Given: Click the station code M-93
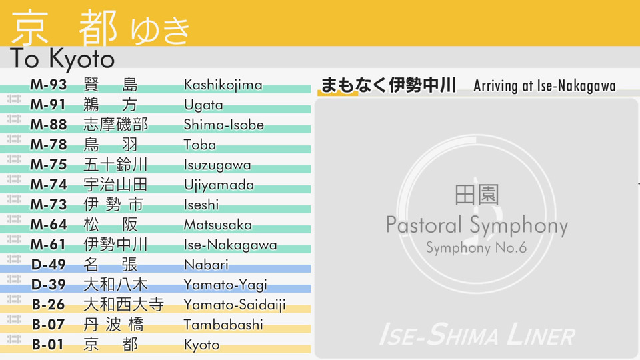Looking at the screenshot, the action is pyautogui.click(x=48, y=85).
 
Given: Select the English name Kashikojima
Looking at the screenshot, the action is pyautogui.click(x=223, y=85).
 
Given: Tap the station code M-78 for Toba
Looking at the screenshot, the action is pyautogui.click(x=48, y=145).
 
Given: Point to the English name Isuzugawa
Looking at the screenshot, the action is pyautogui.click(x=217, y=165).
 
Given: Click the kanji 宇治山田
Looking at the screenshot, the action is pyautogui.click(x=115, y=185).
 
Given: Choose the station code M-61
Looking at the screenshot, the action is pyautogui.click(x=48, y=245).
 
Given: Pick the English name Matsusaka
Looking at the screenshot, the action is pyautogui.click(x=218, y=225).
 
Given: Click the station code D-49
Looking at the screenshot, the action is pyautogui.click(x=48, y=265).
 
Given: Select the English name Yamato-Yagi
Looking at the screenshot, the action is pyautogui.click(x=225, y=285).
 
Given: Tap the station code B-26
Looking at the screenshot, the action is pyautogui.click(x=48, y=305).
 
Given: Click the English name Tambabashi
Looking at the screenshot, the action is pyautogui.click(x=224, y=325).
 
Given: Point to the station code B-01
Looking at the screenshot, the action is pyautogui.click(x=48, y=345).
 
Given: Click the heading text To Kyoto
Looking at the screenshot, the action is pyautogui.click(x=62, y=59).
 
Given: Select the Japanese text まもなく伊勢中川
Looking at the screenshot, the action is pyautogui.click(x=388, y=85).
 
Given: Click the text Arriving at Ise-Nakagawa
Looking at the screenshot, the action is pyautogui.click(x=545, y=86).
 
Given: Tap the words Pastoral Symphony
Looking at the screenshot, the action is pyautogui.click(x=477, y=225).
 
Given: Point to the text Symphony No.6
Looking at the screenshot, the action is pyautogui.click(x=476, y=247).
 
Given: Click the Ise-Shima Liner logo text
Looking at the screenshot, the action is pyautogui.click(x=477, y=335).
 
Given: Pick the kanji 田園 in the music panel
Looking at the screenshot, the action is pyautogui.click(x=477, y=194).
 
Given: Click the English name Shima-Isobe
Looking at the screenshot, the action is pyautogui.click(x=224, y=125).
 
